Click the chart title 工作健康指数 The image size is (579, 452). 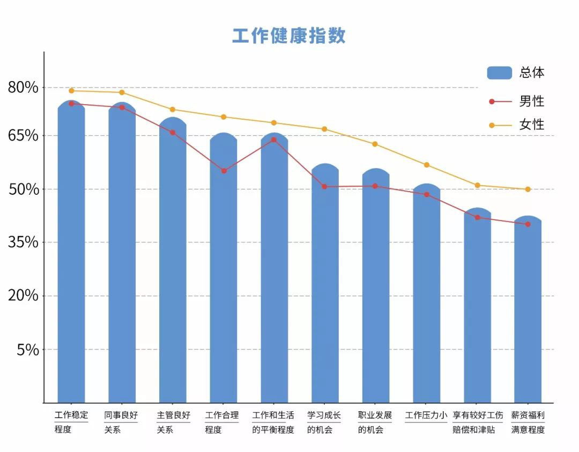tap(289, 35)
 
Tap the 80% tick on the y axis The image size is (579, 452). tap(23, 87)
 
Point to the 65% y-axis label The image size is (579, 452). tap(23, 135)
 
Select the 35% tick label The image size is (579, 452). tap(23, 242)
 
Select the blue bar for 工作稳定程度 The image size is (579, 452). tap(71, 252)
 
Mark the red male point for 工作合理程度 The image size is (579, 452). tap(224, 171)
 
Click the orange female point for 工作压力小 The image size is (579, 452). tap(427, 165)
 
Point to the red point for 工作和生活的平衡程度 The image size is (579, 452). tap(273, 140)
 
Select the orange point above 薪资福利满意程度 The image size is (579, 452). tap(528, 189)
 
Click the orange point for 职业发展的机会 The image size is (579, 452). tap(375, 144)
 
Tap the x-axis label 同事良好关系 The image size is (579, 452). tap(121, 422)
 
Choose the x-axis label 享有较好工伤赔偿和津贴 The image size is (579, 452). tap(478, 422)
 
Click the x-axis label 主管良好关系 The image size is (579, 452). tap(173, 422)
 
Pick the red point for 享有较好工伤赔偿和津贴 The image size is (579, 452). tap(477, 217)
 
